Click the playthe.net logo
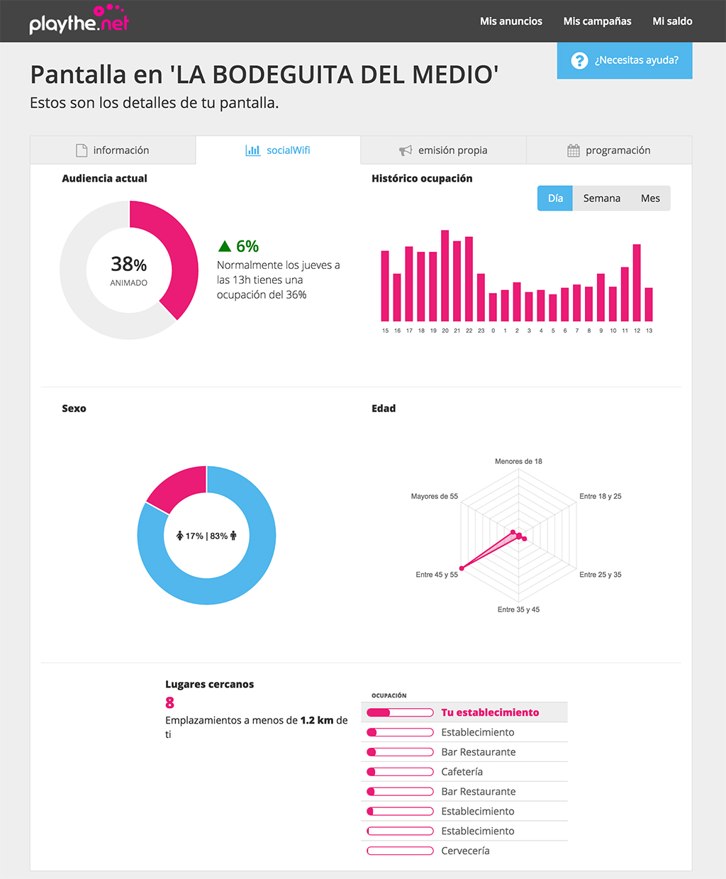coord(79,21)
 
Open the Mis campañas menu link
coord(597,21)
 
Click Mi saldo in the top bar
coord(672,21)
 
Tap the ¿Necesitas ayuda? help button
coord(624,60)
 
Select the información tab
coord(113,150)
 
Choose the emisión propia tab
coord(444,150)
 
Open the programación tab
coord(609,150)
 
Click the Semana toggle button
coord(601,199)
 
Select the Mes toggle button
coord(650,199)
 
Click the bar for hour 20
coord(445,276)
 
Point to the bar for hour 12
coord(637,283)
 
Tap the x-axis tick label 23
coord(481,331)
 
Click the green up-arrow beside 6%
coord(225,246)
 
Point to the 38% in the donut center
coord(128,265)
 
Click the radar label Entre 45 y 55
coord(437,575)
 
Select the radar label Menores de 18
coord(518,461)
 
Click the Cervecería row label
coord(465,851)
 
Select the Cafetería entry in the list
coord(462,772)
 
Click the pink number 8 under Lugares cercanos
coord(169,702)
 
